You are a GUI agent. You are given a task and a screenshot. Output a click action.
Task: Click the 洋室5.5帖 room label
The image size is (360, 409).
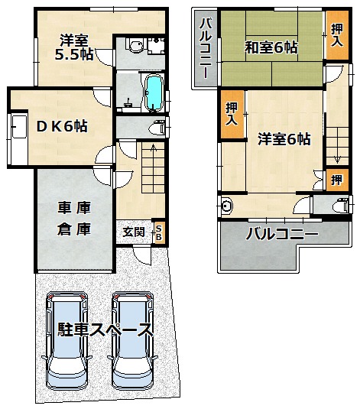pos(74,47)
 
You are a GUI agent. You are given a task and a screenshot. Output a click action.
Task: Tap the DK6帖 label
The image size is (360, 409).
pos(62,126)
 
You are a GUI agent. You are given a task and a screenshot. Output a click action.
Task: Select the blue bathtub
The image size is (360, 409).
pos(154,92)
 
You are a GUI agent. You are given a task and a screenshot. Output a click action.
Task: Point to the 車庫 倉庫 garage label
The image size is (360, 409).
pos(74,219)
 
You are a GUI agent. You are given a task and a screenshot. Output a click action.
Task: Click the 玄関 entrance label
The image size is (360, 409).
pos(134,232)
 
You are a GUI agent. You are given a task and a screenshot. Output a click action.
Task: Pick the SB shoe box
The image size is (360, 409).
pos(159,232)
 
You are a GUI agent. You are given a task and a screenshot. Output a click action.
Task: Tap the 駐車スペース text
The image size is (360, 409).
pos(105,330)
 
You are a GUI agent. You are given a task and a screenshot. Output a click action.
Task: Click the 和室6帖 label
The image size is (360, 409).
pos(271,47)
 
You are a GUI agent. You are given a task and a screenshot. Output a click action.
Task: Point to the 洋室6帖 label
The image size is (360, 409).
pos(284,139)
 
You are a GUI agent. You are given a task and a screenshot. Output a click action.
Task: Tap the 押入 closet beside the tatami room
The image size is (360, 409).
pos(337,35)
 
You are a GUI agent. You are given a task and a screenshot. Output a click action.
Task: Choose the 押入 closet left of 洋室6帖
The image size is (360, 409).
pos(232,114)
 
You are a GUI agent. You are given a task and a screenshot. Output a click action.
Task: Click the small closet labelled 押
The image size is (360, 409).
pos(337,180)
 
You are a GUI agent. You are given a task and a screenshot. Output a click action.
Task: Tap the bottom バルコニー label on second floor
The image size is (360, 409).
pos(282,234)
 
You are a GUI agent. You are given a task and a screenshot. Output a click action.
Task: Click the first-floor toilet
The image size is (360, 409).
pos(157,128)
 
